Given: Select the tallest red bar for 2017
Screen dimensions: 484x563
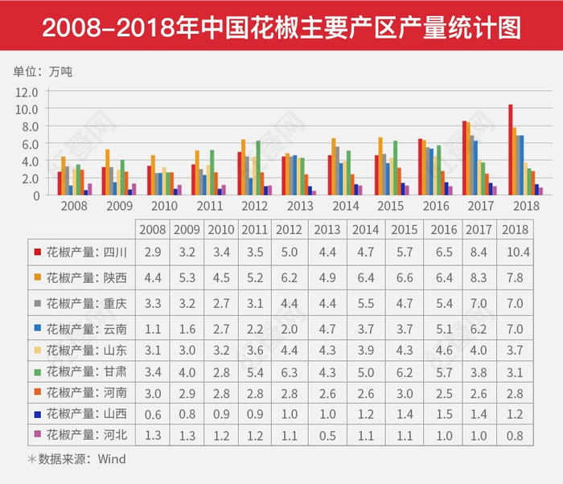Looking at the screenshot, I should pyautogui.click(x=464, y=158).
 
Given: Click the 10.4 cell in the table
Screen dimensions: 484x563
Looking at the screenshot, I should pyautogui.click(x=516, y=252).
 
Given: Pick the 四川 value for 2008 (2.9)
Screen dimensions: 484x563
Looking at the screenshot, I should pyautogui.click(x=152, y=252).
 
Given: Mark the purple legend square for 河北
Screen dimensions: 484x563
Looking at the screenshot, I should pyautogui.click(x=38, y=435).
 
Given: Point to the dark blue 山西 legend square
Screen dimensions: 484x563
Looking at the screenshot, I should pyautogui.click(x=38, y=414).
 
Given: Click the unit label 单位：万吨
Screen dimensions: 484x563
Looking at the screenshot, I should pyautogui.click(x=43, y=71).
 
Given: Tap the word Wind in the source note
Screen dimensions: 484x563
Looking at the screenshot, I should pyautogui.click(x=112, y=459).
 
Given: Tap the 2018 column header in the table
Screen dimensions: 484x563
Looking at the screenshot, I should pyautogui.click(x=516, y=228).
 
